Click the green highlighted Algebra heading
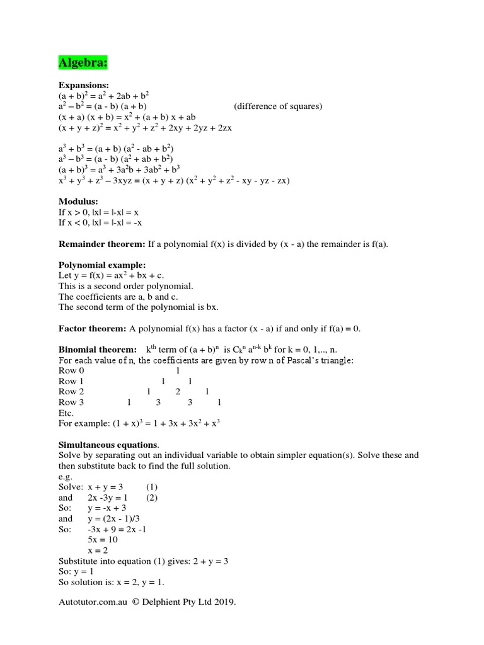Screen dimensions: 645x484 tap(83, 62)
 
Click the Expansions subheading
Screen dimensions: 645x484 tap(84, 85)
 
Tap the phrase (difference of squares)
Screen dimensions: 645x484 tap(278, 106)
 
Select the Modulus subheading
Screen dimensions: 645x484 tap(78, 202)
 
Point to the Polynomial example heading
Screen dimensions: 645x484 tap(102, 265)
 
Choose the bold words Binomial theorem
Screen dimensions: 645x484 tap(97, 350)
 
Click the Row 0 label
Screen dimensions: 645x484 tap(71, 370)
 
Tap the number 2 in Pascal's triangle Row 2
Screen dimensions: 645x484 tap(178, 392)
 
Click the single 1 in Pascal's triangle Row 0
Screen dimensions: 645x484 tap(178, 370)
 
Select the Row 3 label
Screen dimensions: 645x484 tap(71, 402)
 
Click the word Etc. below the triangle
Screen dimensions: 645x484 tap(66, 413)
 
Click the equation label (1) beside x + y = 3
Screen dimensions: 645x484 tap(152, 487)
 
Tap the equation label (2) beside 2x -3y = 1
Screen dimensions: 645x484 tap(152, 498)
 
